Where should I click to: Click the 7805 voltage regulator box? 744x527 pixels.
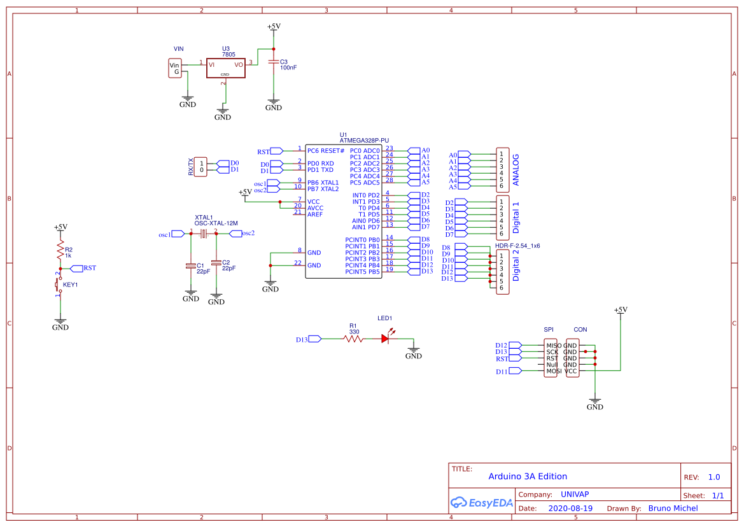226,68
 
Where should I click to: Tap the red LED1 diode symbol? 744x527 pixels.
386,338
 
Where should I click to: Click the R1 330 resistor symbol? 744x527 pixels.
354,339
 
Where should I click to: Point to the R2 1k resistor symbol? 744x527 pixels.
60,249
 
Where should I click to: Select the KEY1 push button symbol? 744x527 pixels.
59,285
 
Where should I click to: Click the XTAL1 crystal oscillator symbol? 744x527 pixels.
204,234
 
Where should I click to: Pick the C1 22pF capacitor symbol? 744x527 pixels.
191,266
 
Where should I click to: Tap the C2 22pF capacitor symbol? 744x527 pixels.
216,262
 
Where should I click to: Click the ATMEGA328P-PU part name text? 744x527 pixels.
364,141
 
